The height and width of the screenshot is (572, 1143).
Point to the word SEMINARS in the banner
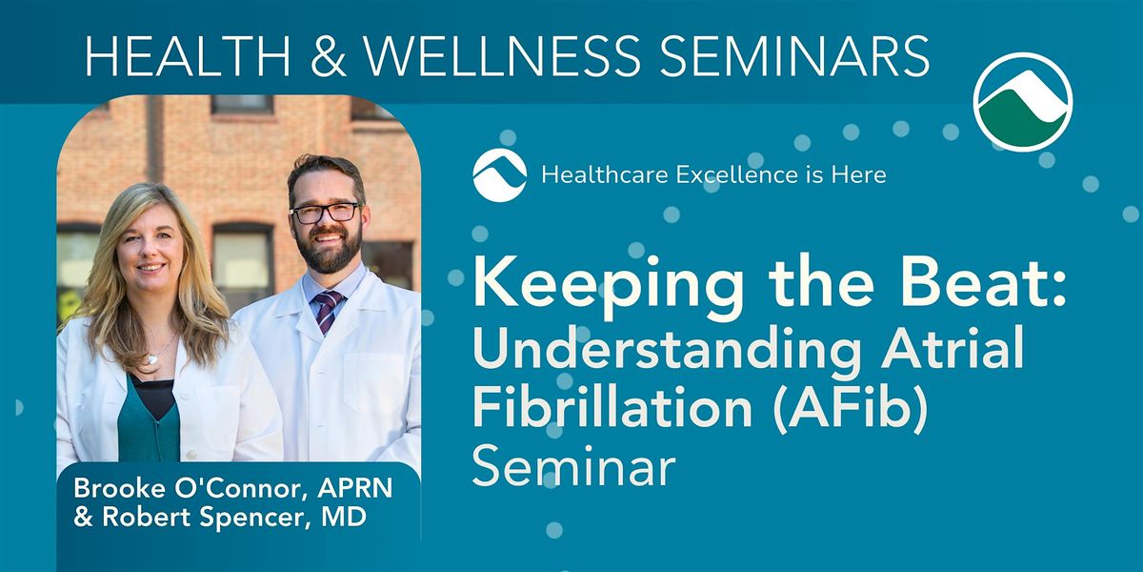[x=797, y=57]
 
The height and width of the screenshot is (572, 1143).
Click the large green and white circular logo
[x=1022, y=103]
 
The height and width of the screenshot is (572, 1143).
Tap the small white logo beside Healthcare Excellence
[x=499, y=175]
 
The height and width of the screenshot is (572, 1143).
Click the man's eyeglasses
[x=325, y=213]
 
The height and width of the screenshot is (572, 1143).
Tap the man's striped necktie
[x=328, y=310]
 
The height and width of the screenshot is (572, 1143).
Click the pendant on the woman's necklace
[x=151, y=357]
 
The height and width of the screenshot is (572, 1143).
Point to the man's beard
[x=327, y=254]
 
